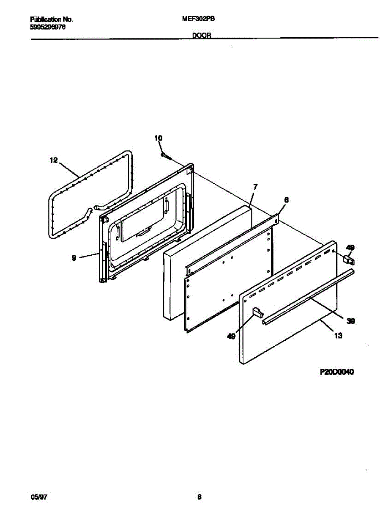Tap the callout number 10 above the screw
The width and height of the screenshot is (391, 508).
click(x=158, y=138)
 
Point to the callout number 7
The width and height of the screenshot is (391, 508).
click(x=255, y=187)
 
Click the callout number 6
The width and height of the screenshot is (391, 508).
click(x=286, y=200)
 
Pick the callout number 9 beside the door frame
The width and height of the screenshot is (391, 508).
click(x=74, y=257)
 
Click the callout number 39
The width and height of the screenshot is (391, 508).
click(x=350, y=321)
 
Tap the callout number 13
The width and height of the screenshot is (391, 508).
click(x=338, y=337)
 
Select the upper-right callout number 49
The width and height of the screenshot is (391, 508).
click(x=350, y=248)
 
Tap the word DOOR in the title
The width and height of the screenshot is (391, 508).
click(x=202, y=36)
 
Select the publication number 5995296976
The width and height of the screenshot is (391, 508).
click(x=48, y=26)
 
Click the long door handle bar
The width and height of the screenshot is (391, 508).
click(x=309, y=297)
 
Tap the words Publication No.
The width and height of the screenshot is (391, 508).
click(x=52, y=19)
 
